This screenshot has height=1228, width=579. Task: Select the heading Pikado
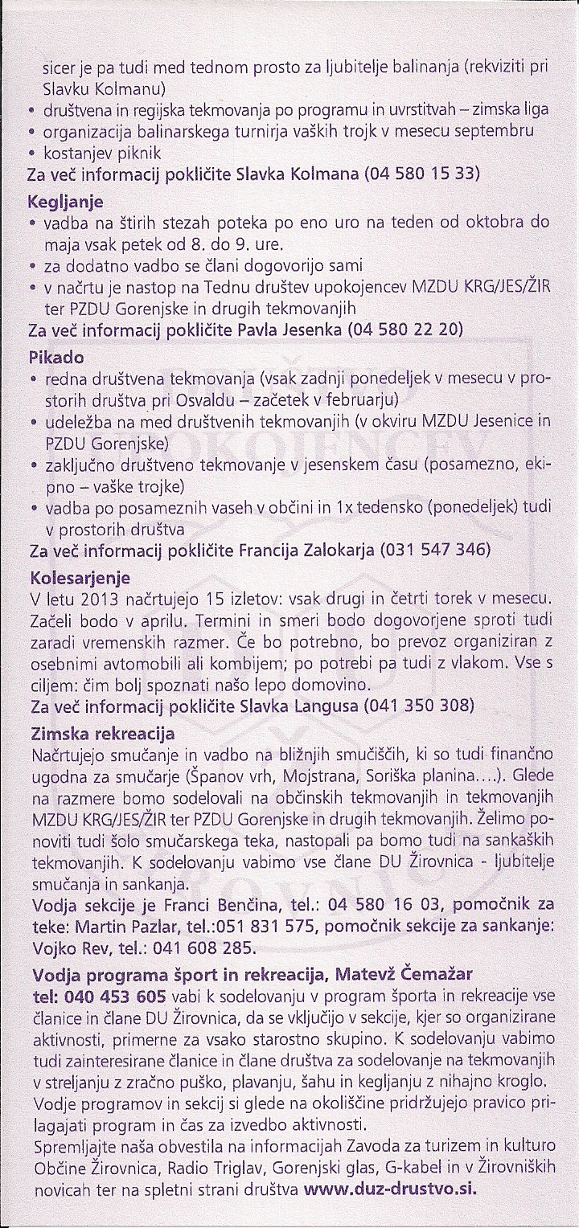[56, 356]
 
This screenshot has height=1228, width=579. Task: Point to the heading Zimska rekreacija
[102, 735]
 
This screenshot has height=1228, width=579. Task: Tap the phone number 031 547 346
[437, 552]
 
